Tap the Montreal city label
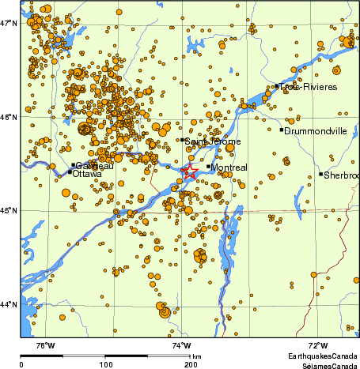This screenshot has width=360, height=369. [231, 168]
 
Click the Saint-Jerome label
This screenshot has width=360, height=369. [213, 141]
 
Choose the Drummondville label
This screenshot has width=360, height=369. [315, 131]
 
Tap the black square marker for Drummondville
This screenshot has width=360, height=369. [282, 130]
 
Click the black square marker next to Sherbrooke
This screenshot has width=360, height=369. [321, 174]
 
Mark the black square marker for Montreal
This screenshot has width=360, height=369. [209, 166]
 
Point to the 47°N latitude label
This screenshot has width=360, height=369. [9, 24]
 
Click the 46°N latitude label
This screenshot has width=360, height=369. [9, 118]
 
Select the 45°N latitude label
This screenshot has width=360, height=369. [9, 210]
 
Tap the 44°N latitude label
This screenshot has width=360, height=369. [9, 304]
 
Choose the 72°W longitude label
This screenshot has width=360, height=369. [318, 345]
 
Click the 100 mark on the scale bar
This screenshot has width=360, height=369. [105, 364]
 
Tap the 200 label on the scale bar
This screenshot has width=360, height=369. [191, 364]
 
